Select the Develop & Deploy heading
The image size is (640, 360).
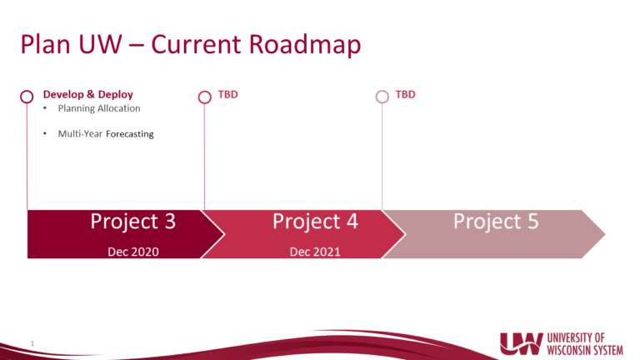pyautogui.click(x=87, y=94)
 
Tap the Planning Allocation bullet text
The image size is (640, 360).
pyautogui.click(x=99, y=108)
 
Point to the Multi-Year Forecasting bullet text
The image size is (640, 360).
pyautogui.click(x=106, y=133)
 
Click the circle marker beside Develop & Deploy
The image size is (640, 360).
pyautogui.click(x=27, y=97)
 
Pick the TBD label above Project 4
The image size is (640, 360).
pyautogui.click(x=227, y=94)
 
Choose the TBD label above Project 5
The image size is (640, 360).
pyautogui.click(x=405, y=94)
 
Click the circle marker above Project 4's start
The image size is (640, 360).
pyautogui.click(x=204, y=97)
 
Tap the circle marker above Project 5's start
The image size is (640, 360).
pyautogui.click(x=382, y=97)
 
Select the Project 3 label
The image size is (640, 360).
pyautogui.click(x=133, y=222)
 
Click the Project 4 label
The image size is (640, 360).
pyautogui.click(x=315, y=222)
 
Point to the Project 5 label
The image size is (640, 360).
pyautogui.click(x=496, y=222)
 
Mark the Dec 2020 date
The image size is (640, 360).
pyautogui.click(x=133, y=251)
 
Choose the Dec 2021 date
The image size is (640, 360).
pyautogui.click(x=315, y=251)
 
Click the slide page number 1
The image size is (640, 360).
pyautogui.click(x=31, y=342)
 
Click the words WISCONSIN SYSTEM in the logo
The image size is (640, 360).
pyautogui.click(x=585, y=349)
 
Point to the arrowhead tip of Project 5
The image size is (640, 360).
pyautogui.click(x=604, y=234)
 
